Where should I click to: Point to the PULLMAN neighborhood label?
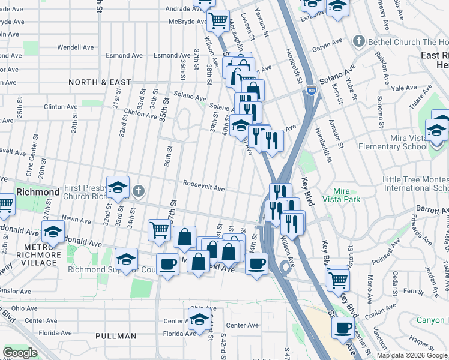[x=115, y=336]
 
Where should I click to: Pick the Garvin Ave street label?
[x=330, y=43]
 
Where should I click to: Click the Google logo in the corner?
[x=20, y=353]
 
